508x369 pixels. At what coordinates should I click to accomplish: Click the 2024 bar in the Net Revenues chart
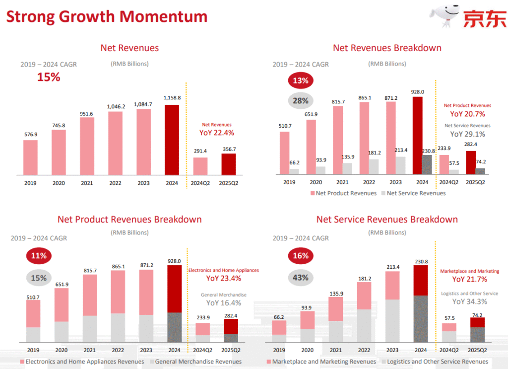tap(172, 140)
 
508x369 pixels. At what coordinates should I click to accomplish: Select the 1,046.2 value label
tap(116, 106)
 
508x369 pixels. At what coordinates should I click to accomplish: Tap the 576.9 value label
tap(31, 134)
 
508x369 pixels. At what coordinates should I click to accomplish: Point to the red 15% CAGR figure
tap(49, 77)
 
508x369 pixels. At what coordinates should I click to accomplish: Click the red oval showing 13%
tap(301, 80)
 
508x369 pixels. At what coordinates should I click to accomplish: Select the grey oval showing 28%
tap(301, 101)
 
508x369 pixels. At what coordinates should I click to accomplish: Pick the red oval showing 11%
tap(39, 256)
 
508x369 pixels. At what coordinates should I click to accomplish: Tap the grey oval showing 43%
tap(301, 278)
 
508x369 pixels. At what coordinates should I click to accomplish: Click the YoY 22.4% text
tap(217, 133)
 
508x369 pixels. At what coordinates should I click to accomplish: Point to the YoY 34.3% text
tap(470, 301)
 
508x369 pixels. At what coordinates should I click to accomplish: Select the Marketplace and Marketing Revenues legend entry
tap(321, 362)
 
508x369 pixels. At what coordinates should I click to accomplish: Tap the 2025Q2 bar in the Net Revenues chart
tap(229, 164)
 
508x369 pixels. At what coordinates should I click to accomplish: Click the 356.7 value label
tap(229, 149)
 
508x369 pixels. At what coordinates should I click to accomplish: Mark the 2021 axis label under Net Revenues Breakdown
tap(342, 182)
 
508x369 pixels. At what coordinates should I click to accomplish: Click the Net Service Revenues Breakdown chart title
tap(387, 220)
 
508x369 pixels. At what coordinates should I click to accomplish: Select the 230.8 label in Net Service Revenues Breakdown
tap(422, 261)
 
